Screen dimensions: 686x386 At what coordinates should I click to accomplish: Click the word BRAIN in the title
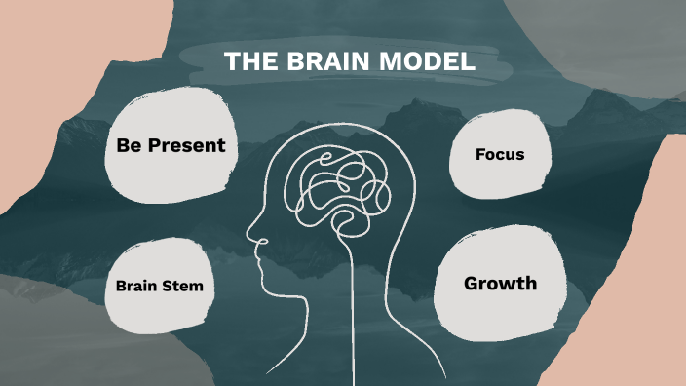tap(327, 61)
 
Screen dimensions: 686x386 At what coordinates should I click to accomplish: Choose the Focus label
tap(500, 154)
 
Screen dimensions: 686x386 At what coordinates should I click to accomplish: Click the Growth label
tap(500, 284)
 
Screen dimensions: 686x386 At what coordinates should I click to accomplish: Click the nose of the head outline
tap(250, 235)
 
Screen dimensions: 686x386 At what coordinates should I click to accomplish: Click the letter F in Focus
tap(480, 154)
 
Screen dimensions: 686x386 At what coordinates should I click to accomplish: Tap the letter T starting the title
tap(231, 61)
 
